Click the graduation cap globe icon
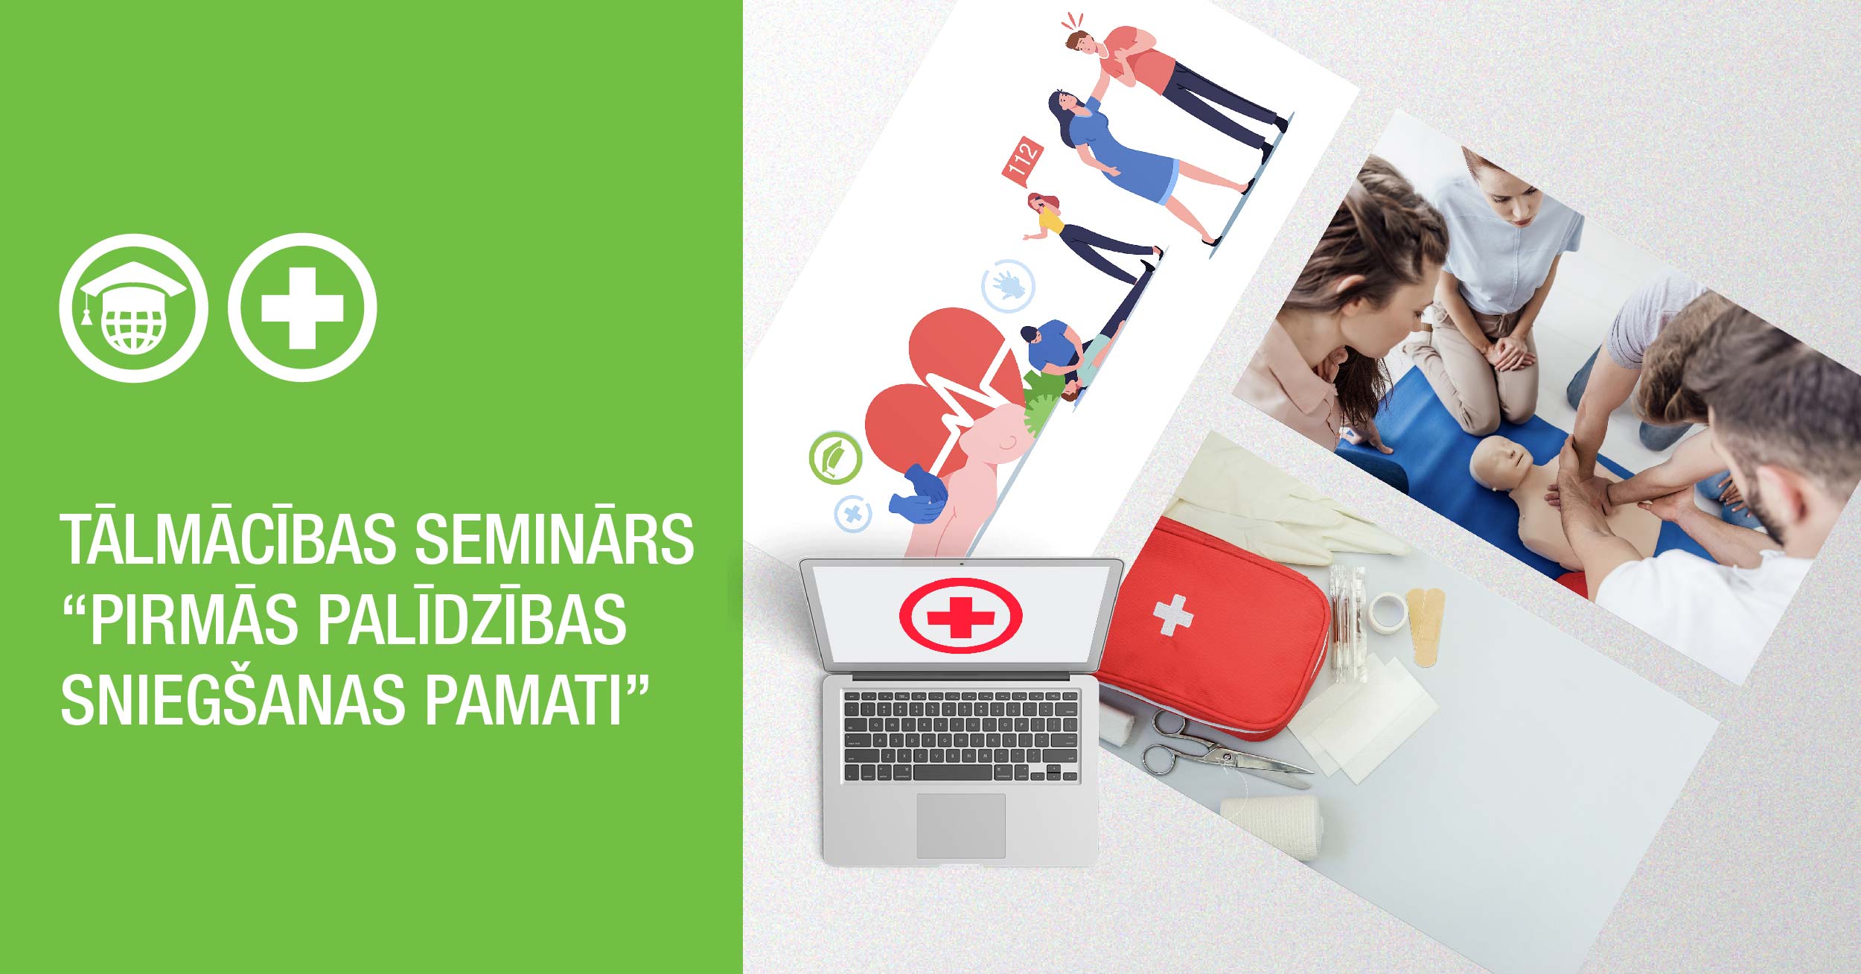pos(133,308)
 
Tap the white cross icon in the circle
pos(302,308)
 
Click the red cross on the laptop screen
pos(960,616)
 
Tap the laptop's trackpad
pos(960,825)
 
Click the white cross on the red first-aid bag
pos(1173,614)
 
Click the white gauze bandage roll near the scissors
pos(1274,824)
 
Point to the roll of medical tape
pos(1388,612)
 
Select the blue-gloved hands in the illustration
pos(919,495)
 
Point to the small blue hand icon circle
pos(1009,285)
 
